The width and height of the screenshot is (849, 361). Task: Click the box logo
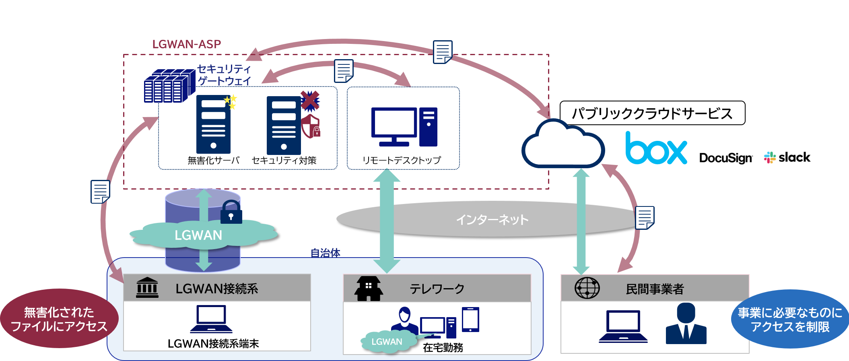point(656,149)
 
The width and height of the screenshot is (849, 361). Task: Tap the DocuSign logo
point(725,158)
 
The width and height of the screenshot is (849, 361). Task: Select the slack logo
point(787,157)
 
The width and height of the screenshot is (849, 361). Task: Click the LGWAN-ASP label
point(186,44)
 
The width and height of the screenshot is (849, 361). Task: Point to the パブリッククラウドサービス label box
point(652,113)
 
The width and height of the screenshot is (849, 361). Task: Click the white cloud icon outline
point(563,145)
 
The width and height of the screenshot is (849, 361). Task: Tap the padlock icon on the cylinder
point(231,212)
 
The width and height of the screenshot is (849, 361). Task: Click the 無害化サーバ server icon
point(213,124)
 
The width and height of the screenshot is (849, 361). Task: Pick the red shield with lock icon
point(311,126)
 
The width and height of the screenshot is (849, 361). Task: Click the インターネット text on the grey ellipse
point(492,220)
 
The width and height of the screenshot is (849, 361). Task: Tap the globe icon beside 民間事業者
point(587,288)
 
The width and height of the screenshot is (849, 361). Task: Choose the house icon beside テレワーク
point(368,289)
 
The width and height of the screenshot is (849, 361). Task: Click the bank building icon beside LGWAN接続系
point(147,288)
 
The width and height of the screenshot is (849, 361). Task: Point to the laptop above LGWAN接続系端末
point(211,319)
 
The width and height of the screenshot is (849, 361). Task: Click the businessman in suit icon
point(686,324)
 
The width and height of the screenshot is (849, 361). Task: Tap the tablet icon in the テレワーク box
point(470,319)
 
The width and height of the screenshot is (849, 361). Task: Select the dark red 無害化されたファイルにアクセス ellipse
point(59,319)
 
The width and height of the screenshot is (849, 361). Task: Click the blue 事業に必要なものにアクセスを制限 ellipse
point(789,319)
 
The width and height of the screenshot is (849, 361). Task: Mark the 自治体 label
point(325,253)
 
